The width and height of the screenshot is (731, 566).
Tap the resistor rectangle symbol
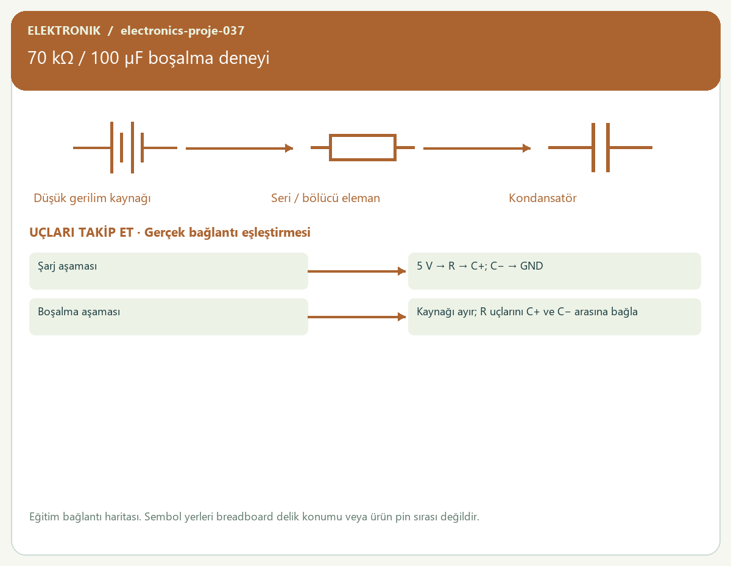pyautogui.click(x=362, y=135)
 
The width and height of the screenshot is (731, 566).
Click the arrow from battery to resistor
pyautogui.click(x=239, y=148)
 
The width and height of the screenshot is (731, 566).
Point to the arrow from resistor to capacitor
pyautogui.click(x=477, y=148)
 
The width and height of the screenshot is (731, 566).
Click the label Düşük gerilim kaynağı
pyautogui.click(x=92, y=198)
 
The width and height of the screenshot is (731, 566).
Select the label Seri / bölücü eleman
pyautogui.click(x=325, y=198)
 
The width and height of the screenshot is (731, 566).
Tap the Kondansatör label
pyautogui.click(x=543, y=198)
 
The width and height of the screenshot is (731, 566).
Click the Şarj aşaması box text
pyautogui.click(x=67, y=266)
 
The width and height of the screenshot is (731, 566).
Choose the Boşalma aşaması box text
pyautogui.click(x=79, y=312)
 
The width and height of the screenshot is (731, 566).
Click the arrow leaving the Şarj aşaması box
pyautogui.click(x=356, y=271)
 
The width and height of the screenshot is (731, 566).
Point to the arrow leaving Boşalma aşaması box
pyautogui.click(x=356, y=317)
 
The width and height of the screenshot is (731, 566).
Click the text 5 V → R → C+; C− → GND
pyautogui.click(x=479, y=266)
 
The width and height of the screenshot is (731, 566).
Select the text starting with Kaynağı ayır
pyautogui.click(x=527, y=312)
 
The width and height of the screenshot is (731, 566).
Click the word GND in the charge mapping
pyautogui.click(x=532, y=266)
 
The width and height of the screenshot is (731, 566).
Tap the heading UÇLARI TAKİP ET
pyautogui.click(x=81, y=232)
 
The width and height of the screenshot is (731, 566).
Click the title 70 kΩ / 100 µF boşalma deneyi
pyautogui.click(x=149, y=58)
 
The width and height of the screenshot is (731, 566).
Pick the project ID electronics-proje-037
pyautogui.click(x=182, y=30)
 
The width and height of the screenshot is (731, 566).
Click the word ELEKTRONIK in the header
pyautogui.click(x=64, y=30)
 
